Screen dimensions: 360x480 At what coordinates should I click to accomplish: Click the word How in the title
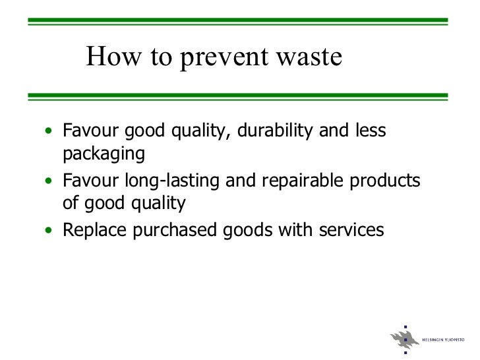[108, 58]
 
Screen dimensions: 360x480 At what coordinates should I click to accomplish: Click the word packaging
[103, 155]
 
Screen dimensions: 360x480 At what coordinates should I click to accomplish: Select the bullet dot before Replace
[50, 231]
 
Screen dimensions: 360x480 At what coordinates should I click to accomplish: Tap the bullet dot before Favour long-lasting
[50, 181]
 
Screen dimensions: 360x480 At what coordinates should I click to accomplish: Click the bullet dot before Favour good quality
[50, 131]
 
